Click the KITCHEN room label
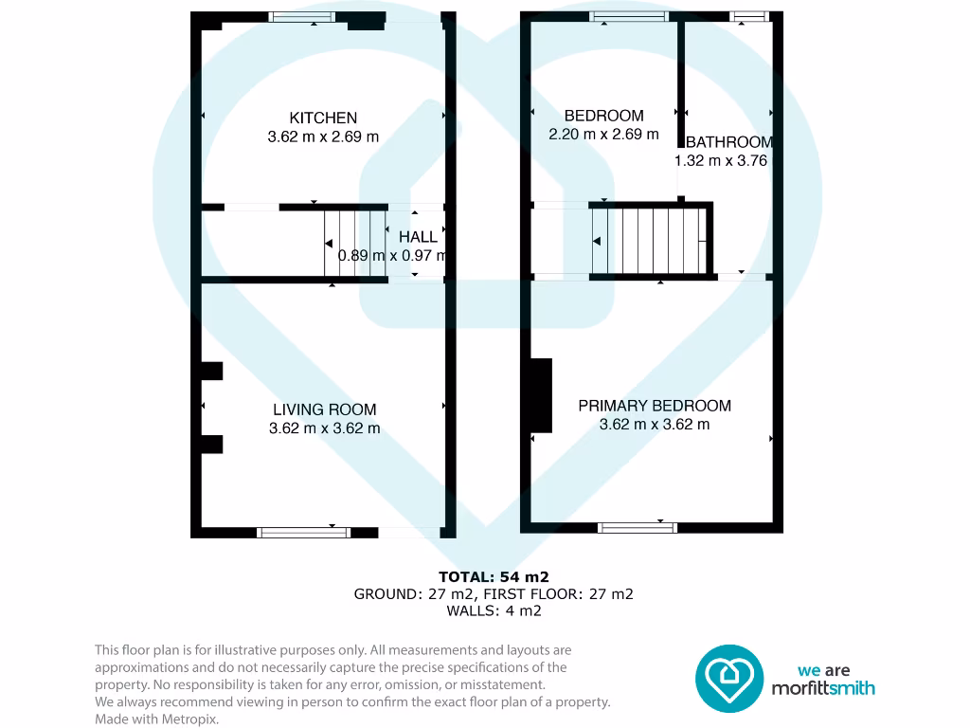323,118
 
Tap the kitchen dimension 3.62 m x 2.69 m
323,136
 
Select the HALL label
418,237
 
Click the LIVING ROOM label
324,409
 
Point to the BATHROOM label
728,142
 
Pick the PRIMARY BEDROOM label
655,406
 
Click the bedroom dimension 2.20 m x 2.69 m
603,135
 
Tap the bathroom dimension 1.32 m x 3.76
721,161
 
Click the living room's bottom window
298,532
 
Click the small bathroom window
750,16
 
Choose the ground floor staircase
355,244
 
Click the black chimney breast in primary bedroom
541,395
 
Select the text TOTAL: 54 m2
494,576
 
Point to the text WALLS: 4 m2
494,611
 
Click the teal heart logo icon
729,679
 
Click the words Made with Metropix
156,719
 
